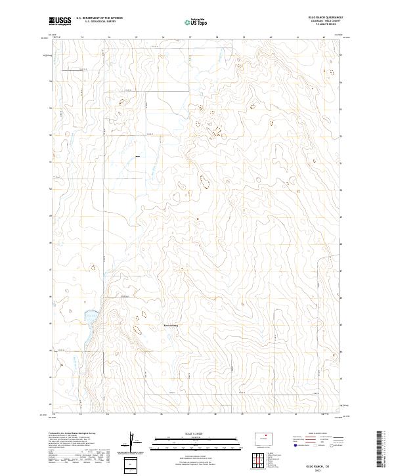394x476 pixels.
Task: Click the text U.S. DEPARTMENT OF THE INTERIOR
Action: point(100,18)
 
